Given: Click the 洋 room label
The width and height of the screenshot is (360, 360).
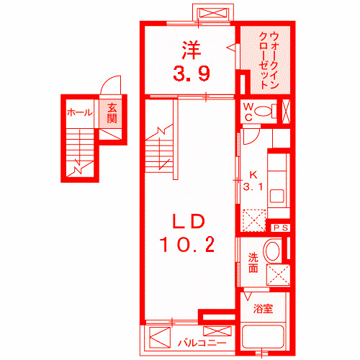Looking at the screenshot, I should click(190, 50).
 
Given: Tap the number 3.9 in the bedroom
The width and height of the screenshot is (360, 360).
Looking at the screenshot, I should click(190, 72).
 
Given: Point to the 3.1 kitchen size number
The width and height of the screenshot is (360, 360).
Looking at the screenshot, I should click(252, 187).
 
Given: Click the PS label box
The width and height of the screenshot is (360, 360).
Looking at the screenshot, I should click(281, 228).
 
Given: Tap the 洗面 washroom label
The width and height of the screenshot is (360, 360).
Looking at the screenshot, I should click(253, 264).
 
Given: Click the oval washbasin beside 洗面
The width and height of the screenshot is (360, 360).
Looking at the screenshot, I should click(273, 252).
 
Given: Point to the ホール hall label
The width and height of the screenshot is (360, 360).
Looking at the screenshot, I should click(78, 112).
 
